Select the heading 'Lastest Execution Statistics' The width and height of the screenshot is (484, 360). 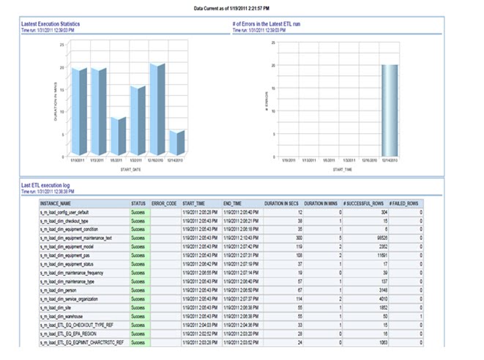(x=50, y=24)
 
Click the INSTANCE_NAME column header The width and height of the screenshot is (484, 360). (x=56, y=203)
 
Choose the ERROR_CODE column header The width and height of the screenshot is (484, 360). (x=164, y=203)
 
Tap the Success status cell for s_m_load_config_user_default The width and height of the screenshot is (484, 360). (x=138, y=211)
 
